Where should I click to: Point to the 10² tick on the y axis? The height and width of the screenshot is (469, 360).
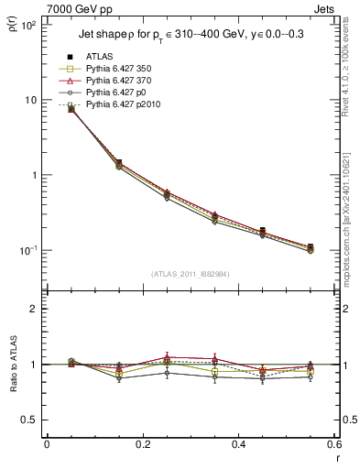click(x=27, y=25)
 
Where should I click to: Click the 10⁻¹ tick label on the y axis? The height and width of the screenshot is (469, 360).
click(x=27, y=250)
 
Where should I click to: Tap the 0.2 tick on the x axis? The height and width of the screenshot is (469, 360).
click(x=142, y=445)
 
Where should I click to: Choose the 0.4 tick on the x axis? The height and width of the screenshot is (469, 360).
click(x=238, y=445)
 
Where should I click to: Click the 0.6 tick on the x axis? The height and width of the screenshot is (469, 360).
click(x=333, y=445)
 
